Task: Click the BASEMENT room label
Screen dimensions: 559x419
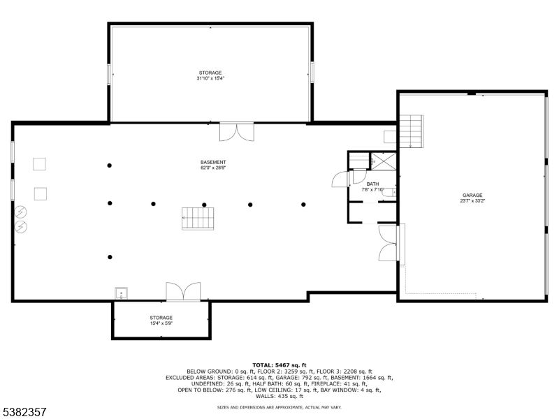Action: [x=213, y=162]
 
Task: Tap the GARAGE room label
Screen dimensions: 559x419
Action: [x=472, y=196]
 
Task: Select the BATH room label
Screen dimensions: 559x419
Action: [x=372, y=184]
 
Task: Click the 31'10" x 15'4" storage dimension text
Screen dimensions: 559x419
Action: [x=210, y=78]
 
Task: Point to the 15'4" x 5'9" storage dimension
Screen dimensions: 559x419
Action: [x=161, y=323]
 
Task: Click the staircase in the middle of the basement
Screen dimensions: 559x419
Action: [x=198, y=219]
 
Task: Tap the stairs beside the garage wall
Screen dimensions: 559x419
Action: [x=411, y=131]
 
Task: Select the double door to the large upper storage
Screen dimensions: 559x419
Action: [x=237, y=132]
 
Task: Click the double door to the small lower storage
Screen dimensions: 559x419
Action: [x=183, y=291]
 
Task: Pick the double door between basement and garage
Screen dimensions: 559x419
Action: [x=389, y=243]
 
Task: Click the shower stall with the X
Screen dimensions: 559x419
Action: [x=384, y=161]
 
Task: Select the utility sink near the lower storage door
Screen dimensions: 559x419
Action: [x=121, y=293]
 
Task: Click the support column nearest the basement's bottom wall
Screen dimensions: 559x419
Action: [x=110, y=257]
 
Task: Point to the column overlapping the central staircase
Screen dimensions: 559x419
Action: [x=204, y=205]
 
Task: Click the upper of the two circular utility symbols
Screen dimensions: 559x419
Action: [x=21, y=212]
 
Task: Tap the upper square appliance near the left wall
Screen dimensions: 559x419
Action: [x=39, y=164]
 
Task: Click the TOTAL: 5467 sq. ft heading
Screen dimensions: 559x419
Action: [x=279, y=365]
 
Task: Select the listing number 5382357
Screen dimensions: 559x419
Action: [x=24, y=412]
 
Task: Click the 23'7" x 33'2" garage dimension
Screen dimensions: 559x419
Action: [x=472, y=201]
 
